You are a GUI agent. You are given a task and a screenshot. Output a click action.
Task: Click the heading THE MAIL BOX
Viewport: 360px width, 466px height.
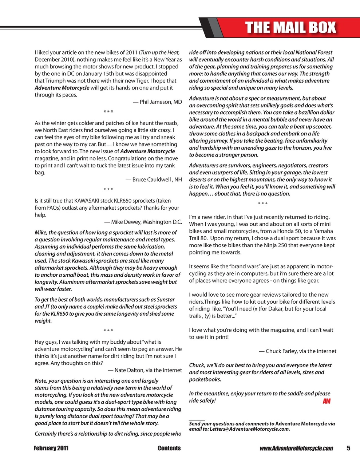[x=290, y=28]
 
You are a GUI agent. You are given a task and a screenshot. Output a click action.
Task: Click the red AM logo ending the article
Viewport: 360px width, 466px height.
[x=326, y=401]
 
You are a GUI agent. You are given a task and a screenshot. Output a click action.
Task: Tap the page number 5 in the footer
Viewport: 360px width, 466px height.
[x=348, y=448]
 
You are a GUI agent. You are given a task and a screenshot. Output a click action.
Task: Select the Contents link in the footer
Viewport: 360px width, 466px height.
[x=169, y=448]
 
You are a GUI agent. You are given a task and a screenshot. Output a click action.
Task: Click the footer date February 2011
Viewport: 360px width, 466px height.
[x=51, y=448]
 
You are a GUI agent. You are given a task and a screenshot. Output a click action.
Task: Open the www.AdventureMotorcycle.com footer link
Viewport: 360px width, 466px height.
[x=296, y=448]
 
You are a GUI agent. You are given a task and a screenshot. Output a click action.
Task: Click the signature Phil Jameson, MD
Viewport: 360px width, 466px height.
[x=157, y=102]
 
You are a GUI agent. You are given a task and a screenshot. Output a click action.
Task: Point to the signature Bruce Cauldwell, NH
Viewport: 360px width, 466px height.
[x=154, y=179]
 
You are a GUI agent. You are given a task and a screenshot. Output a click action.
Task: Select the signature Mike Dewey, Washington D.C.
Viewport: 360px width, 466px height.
[x=143, y=222]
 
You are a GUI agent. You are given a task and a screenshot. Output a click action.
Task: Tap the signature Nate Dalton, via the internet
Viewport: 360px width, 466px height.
[x=145, y=370]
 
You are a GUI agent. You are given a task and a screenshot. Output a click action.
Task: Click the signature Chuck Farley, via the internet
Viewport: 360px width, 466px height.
[x=297, y=351]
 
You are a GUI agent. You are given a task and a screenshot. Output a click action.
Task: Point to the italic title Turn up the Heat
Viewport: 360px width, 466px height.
[x=160, y=52]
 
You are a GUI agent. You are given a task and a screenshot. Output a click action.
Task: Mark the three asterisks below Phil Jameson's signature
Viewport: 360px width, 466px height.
[x=108, y=112]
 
